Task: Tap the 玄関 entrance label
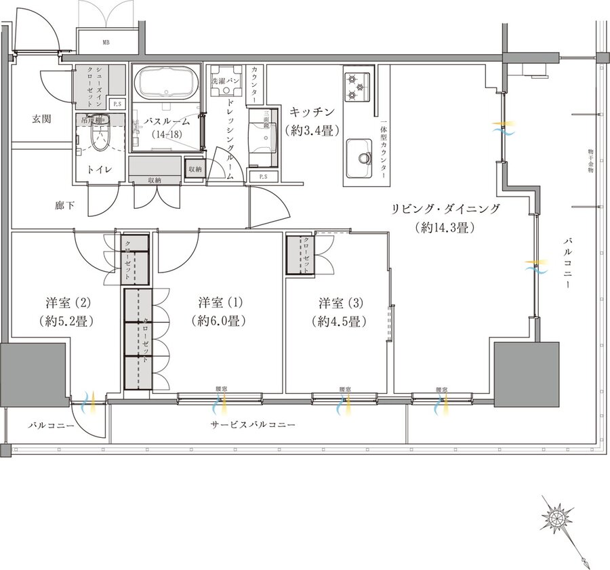pos(42,119)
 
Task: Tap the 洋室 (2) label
pos(56,302)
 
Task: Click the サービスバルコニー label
pos(252,425)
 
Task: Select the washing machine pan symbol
pos(226,80)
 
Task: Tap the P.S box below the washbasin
pos(262,176)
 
